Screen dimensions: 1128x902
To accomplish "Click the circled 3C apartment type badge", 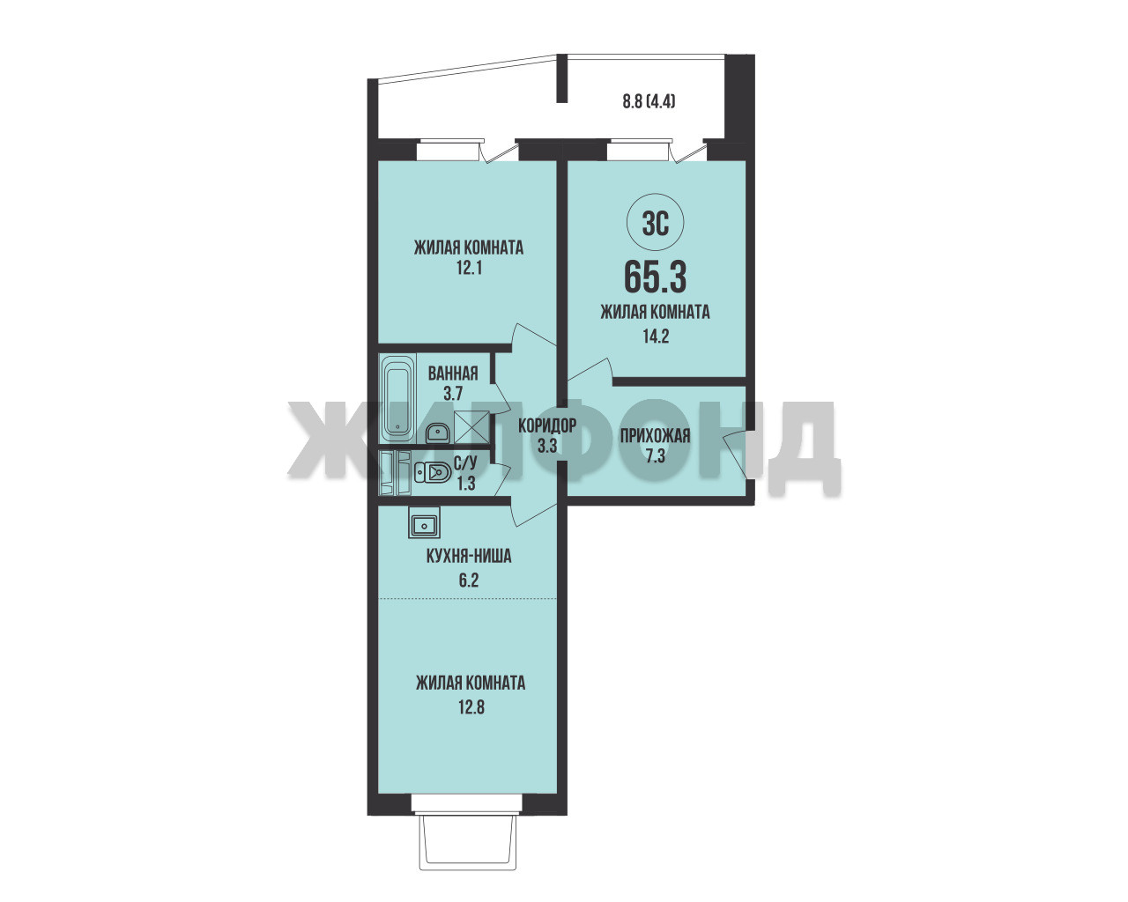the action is coord(655,225).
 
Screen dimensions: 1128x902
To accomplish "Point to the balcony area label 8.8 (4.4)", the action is coord(649,100).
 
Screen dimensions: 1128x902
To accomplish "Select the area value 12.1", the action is coord(469,269).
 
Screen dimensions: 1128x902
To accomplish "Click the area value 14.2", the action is coord(656,336).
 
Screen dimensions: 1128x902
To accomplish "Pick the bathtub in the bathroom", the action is coord(398,397).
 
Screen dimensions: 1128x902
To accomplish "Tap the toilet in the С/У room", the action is coord(433,473).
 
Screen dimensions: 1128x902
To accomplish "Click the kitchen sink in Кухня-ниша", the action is coord(424,522).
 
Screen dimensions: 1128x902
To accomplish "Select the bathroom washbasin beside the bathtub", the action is coord(436,433).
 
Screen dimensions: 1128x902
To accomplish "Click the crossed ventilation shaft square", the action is coord(471,427).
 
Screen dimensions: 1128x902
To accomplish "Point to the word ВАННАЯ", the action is coord(453,373).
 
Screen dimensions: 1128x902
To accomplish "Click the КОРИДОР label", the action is coord(547,425).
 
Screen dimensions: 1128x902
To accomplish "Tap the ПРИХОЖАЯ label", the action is coord(655,435).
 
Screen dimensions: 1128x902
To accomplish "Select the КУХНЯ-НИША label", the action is coord(469,556).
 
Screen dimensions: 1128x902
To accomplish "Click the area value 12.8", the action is coord(471,707).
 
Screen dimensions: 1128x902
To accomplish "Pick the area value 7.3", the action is coord(655,456).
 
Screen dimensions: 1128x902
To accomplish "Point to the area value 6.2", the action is coord(469,580).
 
